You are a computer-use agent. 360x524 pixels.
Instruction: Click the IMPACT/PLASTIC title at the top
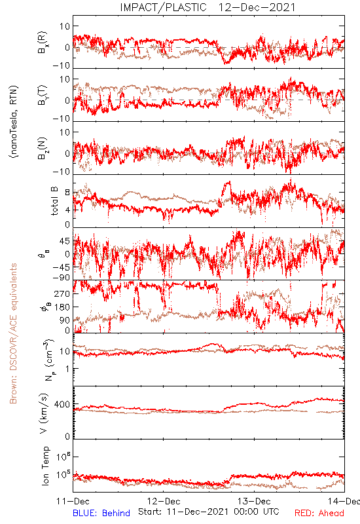(x=163, y=7)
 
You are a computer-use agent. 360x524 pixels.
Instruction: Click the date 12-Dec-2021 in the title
(x=257, y=7)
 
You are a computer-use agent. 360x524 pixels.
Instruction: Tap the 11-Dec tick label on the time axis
(x=73, y=501)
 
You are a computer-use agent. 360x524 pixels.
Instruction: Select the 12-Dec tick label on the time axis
(x=164, y=501)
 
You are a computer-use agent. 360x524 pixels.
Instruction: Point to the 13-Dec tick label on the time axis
(x=254, y=501)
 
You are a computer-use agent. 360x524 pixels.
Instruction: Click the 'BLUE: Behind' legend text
(x=101, y=513)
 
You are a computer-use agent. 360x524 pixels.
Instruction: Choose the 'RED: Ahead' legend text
(x=319, y=513)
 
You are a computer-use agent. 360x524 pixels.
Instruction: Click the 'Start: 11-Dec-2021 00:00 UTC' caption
(x=209, y=512)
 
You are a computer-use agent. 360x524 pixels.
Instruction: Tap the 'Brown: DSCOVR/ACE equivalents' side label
(x=13, y=333)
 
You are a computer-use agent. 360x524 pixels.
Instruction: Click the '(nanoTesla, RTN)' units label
(x=14, y=122)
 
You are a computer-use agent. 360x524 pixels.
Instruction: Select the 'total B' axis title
(x=54, y=201)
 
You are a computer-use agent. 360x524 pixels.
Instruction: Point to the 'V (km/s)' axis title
(x=44, y=413)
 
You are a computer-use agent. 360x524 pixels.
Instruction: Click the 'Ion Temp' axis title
(x=45, y=466)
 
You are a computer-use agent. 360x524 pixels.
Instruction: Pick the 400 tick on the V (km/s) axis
(x=62, y=405)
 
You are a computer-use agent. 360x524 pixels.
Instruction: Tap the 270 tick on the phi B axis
(x=62, y=294)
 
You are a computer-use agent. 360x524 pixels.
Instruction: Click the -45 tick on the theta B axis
(x=61, y=267)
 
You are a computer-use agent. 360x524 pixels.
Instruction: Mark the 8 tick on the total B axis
(x=67, y=193)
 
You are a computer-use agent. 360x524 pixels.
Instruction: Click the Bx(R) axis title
(x=43, y=43)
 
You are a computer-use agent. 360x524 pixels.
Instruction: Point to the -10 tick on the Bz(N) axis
(x=62, y=172)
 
